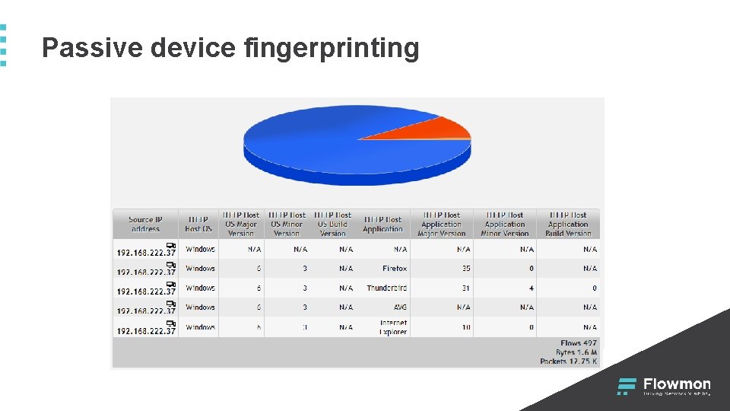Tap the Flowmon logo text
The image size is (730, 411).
(677, 384)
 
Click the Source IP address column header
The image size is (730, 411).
(145, 224)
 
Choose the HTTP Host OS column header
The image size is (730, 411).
(198, 224)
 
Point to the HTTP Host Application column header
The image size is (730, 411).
(382, 224)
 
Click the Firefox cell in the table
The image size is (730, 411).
(395, 269)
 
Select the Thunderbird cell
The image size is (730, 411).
(386, 288)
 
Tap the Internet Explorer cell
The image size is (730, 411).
(393, 327)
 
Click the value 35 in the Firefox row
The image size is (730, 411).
(466, 269)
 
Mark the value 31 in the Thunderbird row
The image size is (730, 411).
(466, 288)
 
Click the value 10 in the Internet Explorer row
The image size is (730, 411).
(466, 327)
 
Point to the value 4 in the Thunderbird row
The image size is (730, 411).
(532, 288)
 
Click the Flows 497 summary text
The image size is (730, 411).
(579, 343)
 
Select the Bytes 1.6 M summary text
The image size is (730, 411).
(576, 352)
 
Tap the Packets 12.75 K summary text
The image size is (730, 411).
(569, 362)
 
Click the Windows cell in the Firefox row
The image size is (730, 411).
(200, 269)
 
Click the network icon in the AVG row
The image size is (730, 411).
(170, 303)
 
